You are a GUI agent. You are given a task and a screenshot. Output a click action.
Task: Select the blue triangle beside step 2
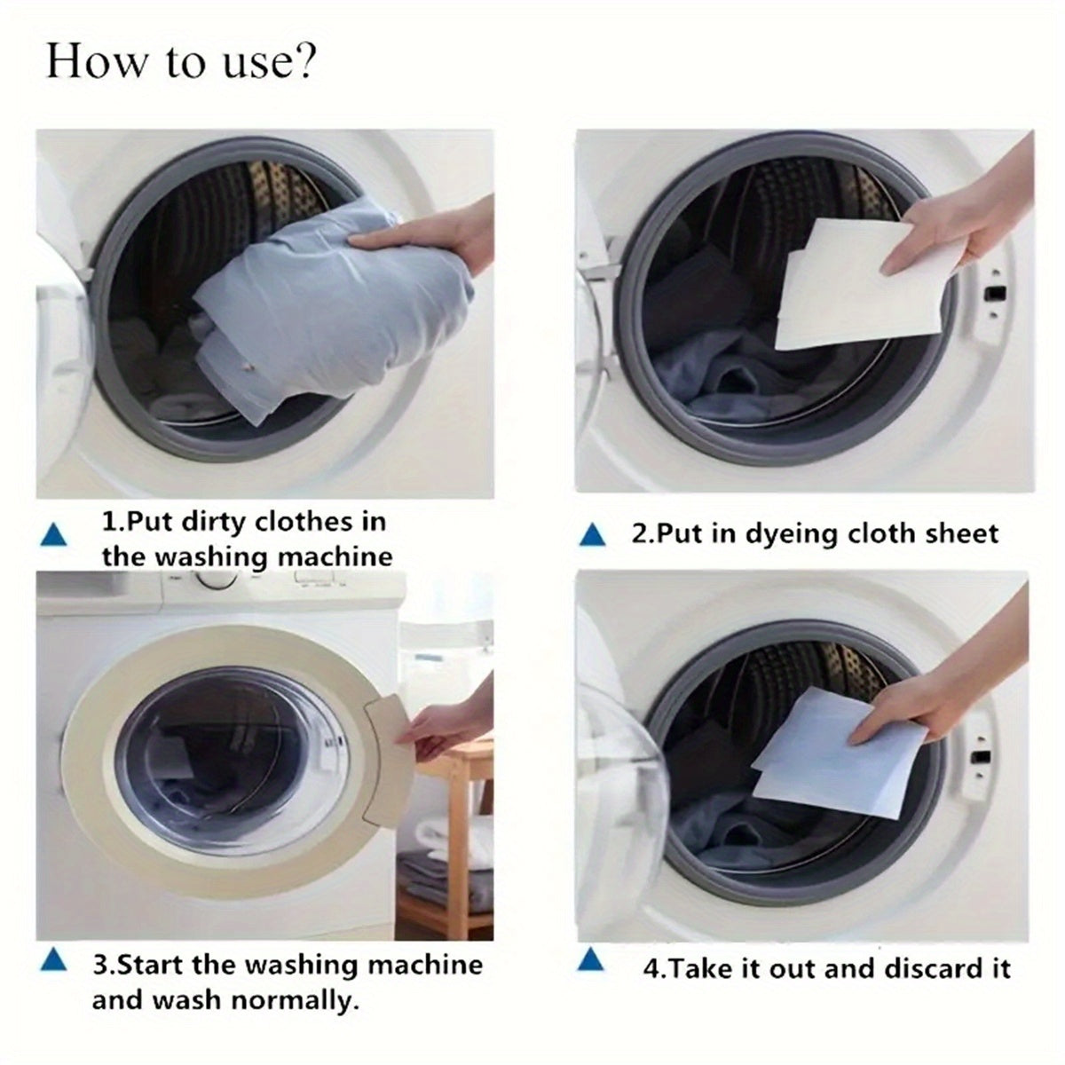tap(592, 534)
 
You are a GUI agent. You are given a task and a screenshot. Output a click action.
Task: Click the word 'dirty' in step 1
tap(214, 521)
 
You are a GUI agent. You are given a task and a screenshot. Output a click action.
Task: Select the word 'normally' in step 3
tap(295, 1001)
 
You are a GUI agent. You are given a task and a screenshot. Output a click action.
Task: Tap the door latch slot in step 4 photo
tap(981, 757)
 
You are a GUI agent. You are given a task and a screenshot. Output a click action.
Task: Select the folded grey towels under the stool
tap(444, 879)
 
